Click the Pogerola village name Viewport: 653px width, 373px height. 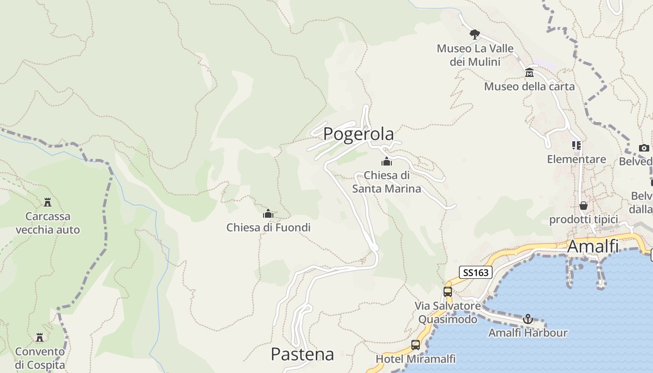point(358,134)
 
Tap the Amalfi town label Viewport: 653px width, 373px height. point(593,246)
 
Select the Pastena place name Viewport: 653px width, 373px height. point(302,354)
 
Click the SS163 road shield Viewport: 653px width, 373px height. point(476,272)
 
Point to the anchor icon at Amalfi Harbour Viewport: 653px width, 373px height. point(528,319)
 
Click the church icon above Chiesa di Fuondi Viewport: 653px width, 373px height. point(268,214)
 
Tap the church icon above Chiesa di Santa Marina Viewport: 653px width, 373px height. point(386,162)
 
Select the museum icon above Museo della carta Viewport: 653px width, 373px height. point(529,73)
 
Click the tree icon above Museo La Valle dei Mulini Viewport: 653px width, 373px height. point(475,34)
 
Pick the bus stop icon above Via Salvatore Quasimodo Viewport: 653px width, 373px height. point(448,292)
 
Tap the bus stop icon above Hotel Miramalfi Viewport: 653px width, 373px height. point(416,345)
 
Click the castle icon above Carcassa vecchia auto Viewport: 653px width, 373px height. point(48,202)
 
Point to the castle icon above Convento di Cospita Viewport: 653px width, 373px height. point(40,337)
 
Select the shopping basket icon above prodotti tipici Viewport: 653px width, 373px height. point(584,206)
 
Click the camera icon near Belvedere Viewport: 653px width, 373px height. point(644,148)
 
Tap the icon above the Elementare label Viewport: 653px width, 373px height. point(577,145)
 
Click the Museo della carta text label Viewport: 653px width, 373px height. point(529,86)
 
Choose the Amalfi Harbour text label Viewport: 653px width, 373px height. point(528,333)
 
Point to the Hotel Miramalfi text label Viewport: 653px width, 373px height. point(416,359)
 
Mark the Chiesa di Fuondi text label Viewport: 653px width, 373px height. point(268,228)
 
